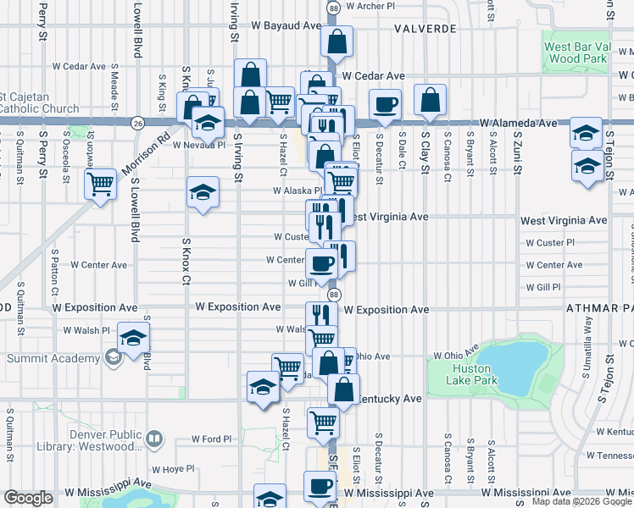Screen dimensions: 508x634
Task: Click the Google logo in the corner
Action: (28, 498)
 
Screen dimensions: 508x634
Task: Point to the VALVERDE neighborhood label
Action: (425, 29)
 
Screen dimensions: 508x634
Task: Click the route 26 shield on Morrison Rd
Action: (137, 123)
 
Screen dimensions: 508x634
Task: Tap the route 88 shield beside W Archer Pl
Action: (334, 7)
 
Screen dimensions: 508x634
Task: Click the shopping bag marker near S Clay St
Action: (431, 100)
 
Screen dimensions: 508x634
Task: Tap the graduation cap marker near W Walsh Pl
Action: (133, 339)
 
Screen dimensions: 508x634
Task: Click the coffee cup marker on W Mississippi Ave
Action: (320, 486)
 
